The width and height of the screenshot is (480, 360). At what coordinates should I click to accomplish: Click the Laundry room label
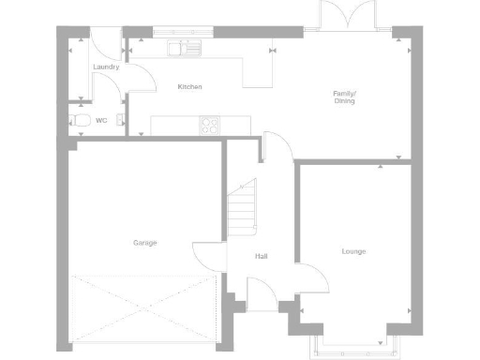point(105,67)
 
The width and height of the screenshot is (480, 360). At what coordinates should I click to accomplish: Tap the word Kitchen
point(190,87)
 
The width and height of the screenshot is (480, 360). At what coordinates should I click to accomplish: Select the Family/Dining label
point(345,96)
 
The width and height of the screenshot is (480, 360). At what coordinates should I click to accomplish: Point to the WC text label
point(101,121)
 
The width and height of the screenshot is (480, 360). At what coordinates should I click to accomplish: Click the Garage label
point(144,243)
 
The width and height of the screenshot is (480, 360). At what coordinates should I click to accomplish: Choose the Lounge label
point(353,251)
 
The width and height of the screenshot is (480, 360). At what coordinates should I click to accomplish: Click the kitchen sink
point(184,47)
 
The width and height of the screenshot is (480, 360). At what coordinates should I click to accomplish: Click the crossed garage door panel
point(144,309)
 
